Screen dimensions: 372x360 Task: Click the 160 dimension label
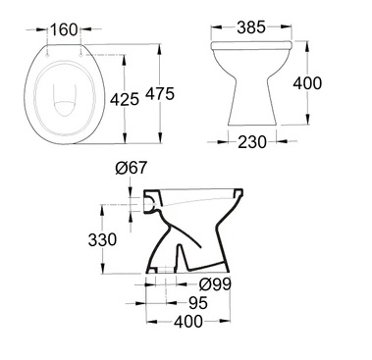point(64,29)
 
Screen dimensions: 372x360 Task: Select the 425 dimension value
point(125,99)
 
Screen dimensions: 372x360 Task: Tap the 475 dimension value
point(160,94)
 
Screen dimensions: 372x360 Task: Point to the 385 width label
point(251,27)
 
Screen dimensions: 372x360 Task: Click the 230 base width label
point(252,142)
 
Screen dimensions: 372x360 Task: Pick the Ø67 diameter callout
point(132,168)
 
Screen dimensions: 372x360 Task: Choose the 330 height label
point(102,239)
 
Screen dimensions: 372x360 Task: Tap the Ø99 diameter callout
point(215,284)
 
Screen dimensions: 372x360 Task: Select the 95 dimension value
point(198,303)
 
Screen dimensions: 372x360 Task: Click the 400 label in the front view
point(307,83)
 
